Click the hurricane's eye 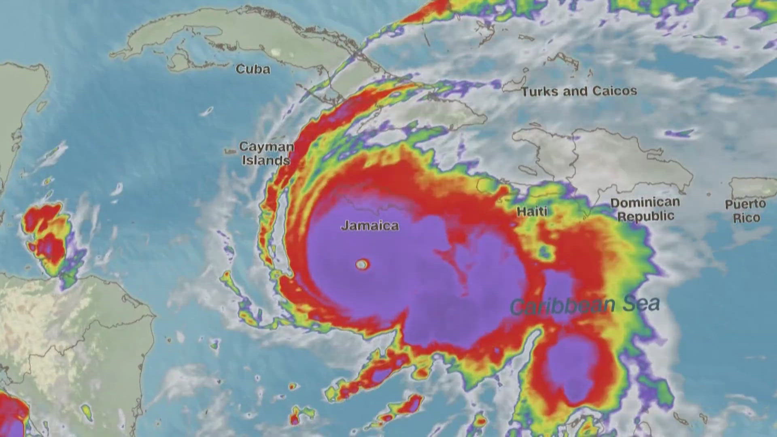(362, 265)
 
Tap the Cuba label (253, 69)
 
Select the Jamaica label (370, 225)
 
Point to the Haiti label (532, 211)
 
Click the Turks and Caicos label (579, 91)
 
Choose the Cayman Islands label (266, 153)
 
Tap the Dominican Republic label (645, 209)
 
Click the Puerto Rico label (745, 211)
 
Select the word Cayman (266, 146)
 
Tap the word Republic (645, 216)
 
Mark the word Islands (266, 160)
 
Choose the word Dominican (645, 202)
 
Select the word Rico (746, 218)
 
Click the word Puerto (745, 204)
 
